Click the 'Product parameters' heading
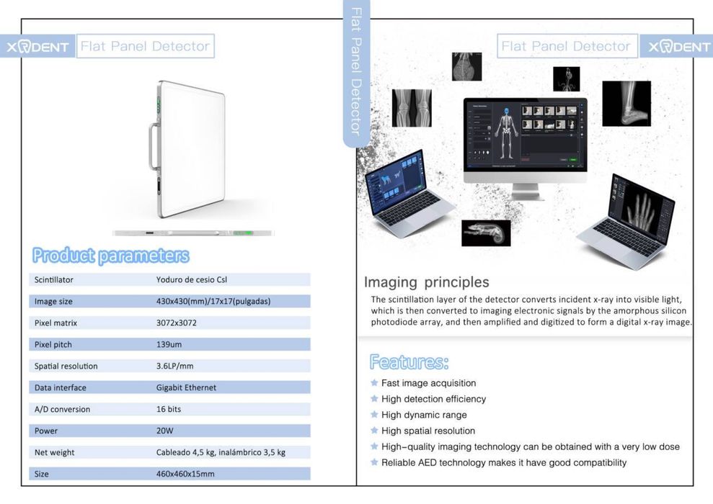[110, 256]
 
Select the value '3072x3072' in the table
[177, 323]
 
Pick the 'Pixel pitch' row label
[53, 344]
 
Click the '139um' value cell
[169, 344]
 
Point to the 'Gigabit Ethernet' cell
[186, 387]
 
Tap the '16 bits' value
[169, 409]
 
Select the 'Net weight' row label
[55, 452]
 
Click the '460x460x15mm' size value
[185, 474]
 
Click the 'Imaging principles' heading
[426, 282]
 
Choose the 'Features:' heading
[409, 361]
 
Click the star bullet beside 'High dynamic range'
[374, 415]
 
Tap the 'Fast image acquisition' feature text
[428, 383]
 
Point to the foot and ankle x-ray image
[626, 103]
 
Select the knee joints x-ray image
[411, 108]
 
